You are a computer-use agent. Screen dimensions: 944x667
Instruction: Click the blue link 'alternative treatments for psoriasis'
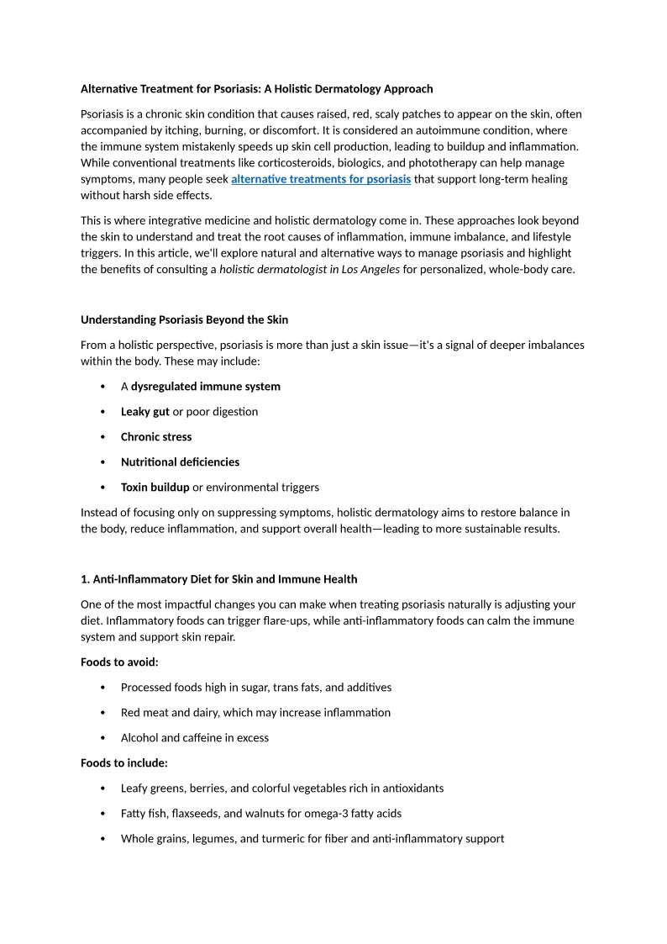[x=321, y=179]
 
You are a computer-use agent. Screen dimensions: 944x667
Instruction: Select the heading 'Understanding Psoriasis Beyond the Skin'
[x=184, y=319]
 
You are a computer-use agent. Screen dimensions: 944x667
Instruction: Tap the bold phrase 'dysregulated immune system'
[x=205, y=387]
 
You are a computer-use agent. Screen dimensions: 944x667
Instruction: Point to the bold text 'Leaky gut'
[x=145, y=412]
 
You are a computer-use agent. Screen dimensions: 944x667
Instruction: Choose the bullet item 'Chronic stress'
[x=156, y=437]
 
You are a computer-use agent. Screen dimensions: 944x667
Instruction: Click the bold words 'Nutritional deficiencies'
[x=180, y=462]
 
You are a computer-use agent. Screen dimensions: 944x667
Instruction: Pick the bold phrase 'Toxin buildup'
[x=155, y=488]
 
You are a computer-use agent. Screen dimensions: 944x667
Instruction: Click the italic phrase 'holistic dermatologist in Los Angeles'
[x=309, y=270]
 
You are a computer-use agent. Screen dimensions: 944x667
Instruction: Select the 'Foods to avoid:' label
[x=119, y=662]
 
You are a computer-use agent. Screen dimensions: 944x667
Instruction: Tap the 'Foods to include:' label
[x=124, y=763]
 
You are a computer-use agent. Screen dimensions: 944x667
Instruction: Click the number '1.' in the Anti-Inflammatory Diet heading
[x=85, y=579]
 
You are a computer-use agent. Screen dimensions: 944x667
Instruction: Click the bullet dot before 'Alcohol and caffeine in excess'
[x=102, y=738]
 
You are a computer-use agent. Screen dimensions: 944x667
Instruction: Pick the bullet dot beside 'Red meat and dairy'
[x=102, y=713]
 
